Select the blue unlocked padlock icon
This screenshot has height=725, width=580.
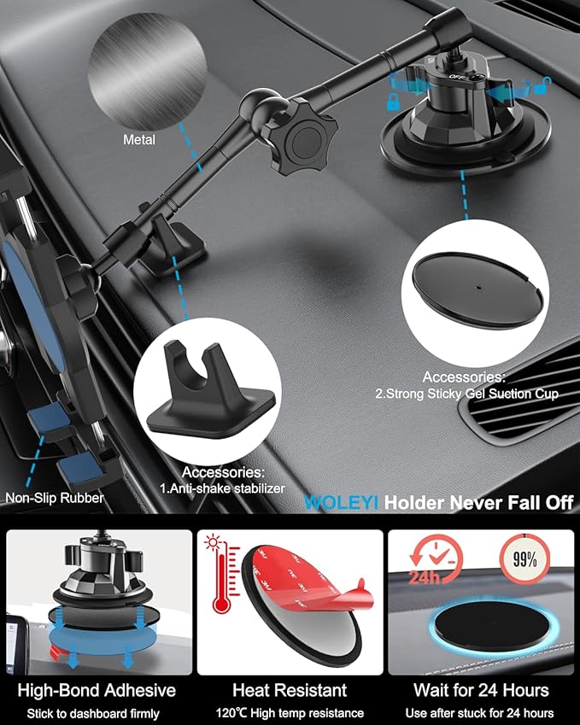point(542,85)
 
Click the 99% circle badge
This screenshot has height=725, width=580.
point(524,561)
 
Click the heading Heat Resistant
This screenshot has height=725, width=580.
point(290,689)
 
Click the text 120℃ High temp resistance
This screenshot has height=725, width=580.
point(290,712)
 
